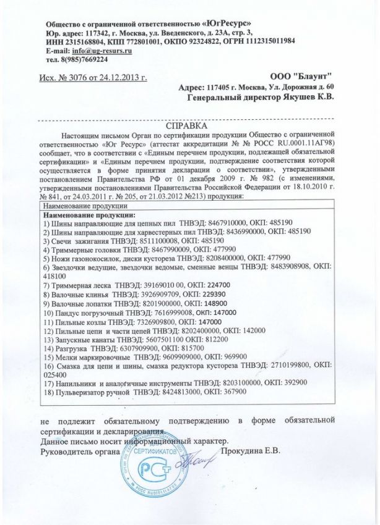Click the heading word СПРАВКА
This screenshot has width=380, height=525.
190,124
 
